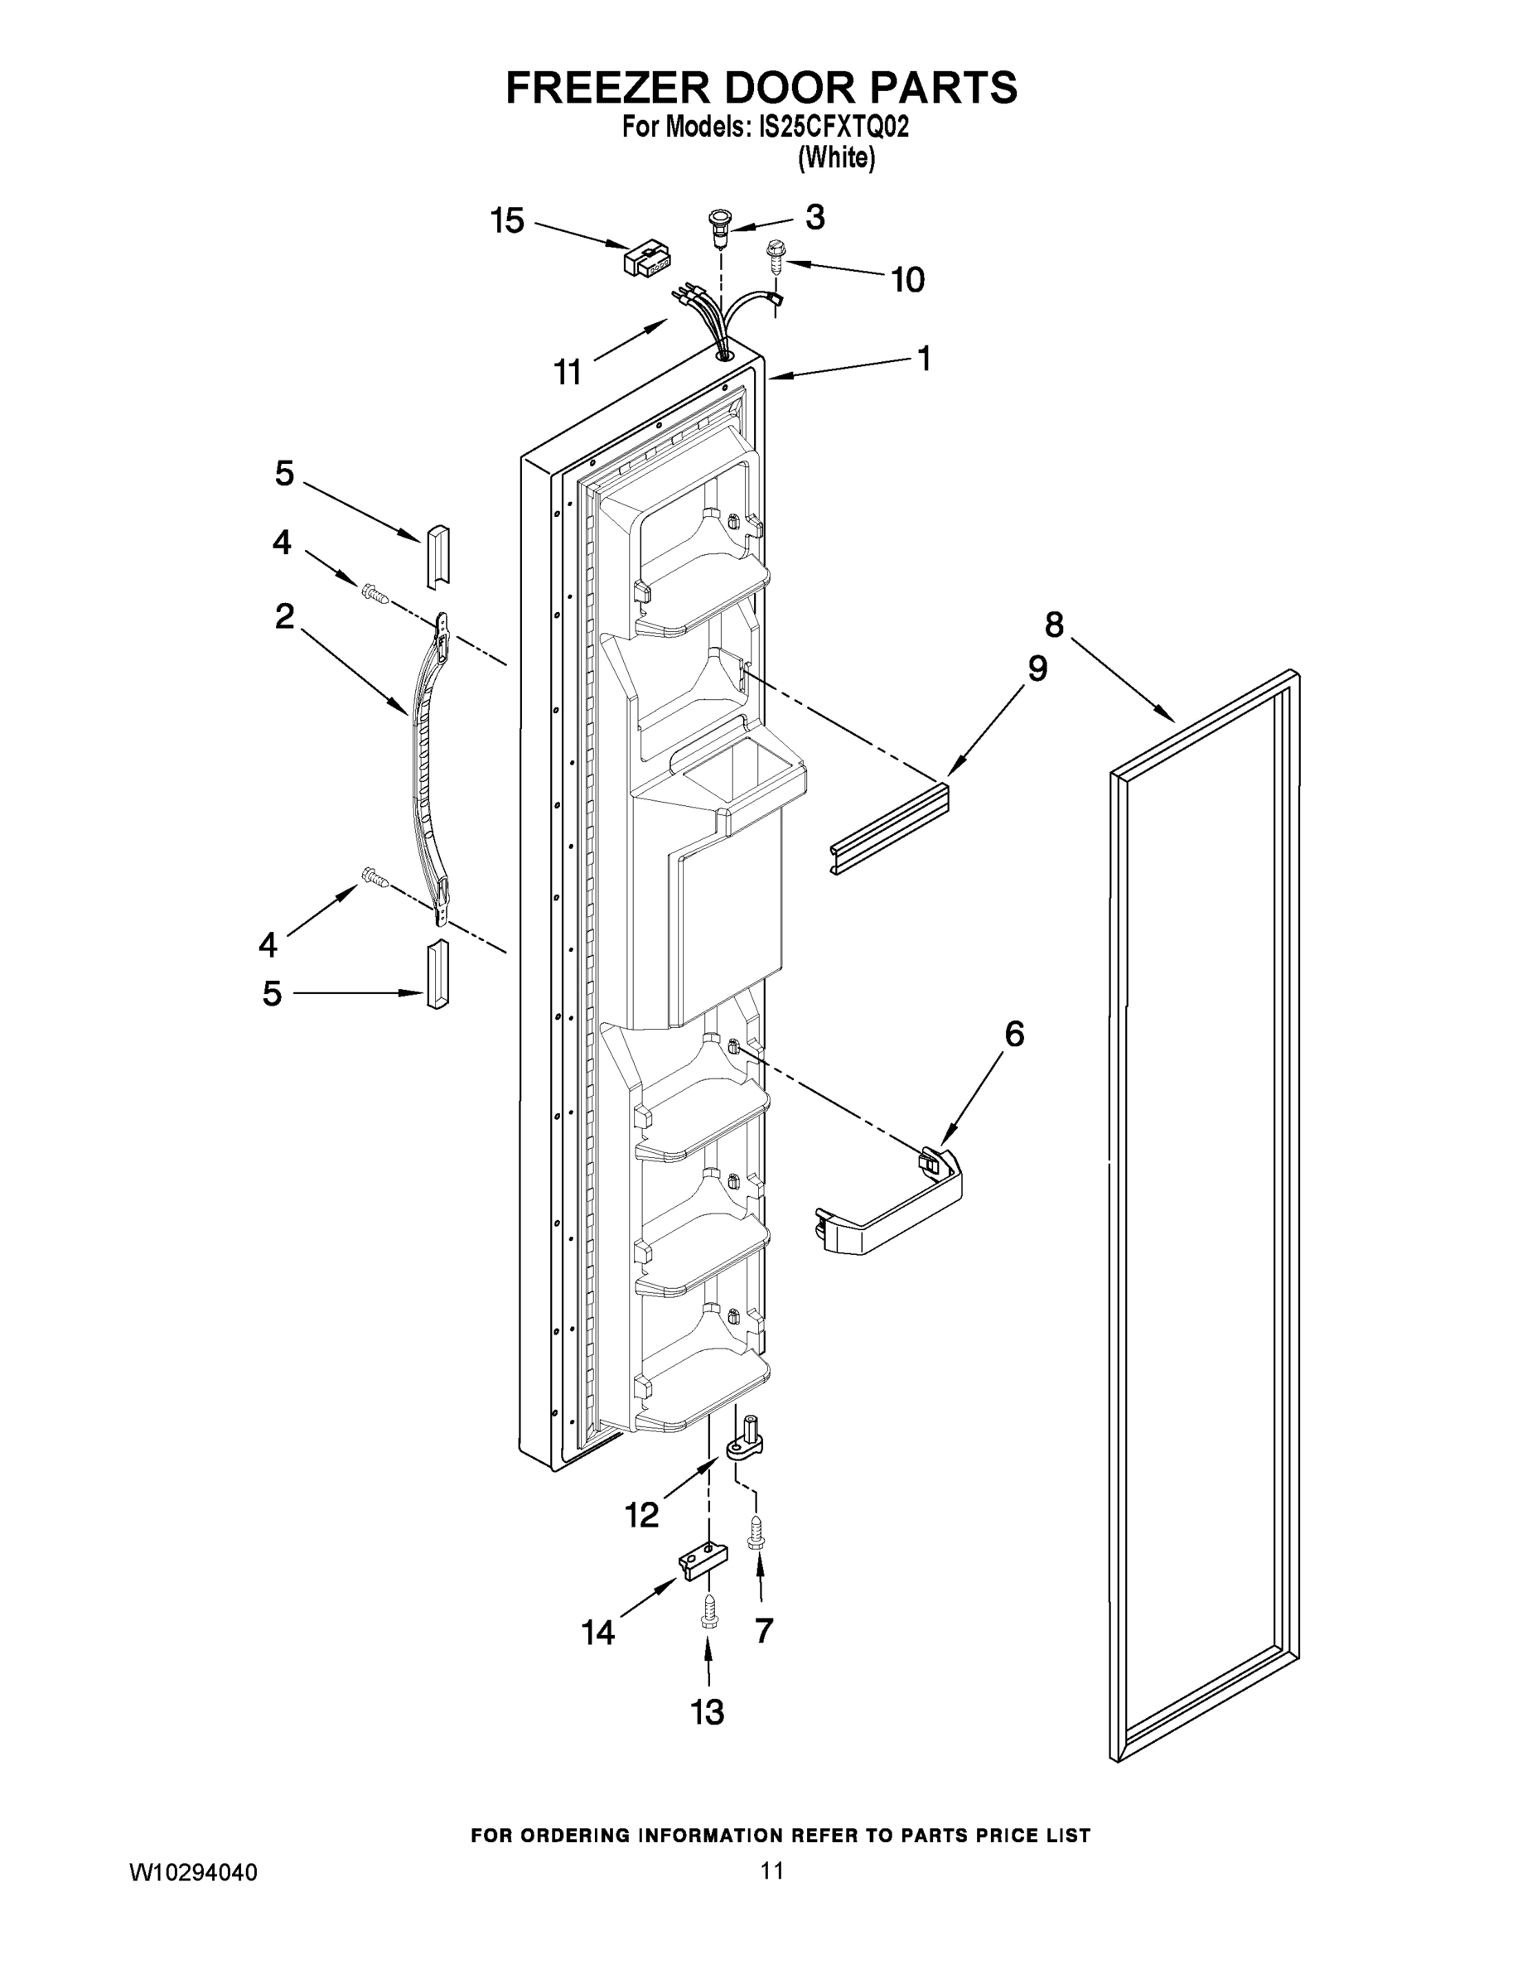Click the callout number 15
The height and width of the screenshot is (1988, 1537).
pos(507,221)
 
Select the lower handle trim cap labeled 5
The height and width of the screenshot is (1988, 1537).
pos(438,976)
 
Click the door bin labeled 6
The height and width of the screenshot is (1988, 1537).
pos(891,1204)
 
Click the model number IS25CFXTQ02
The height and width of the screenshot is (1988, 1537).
pos(834,128)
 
